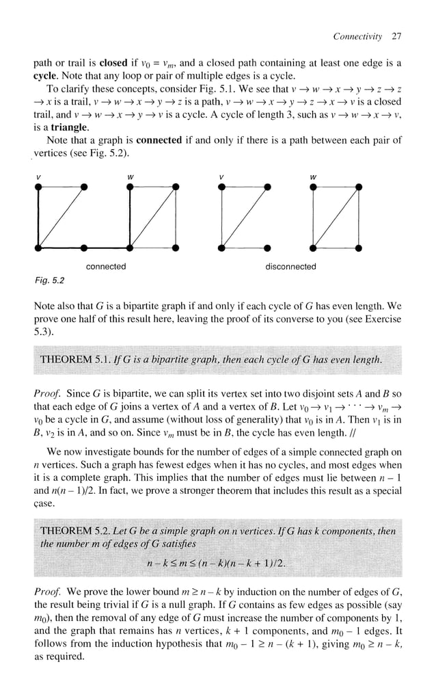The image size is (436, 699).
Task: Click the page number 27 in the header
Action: point(396,35)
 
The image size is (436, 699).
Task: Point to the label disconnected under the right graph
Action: point(290,267)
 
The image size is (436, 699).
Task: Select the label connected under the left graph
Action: point(106,267)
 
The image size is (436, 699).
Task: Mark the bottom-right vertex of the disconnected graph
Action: point(359,246)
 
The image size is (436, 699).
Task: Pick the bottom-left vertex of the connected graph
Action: point(38,246)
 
